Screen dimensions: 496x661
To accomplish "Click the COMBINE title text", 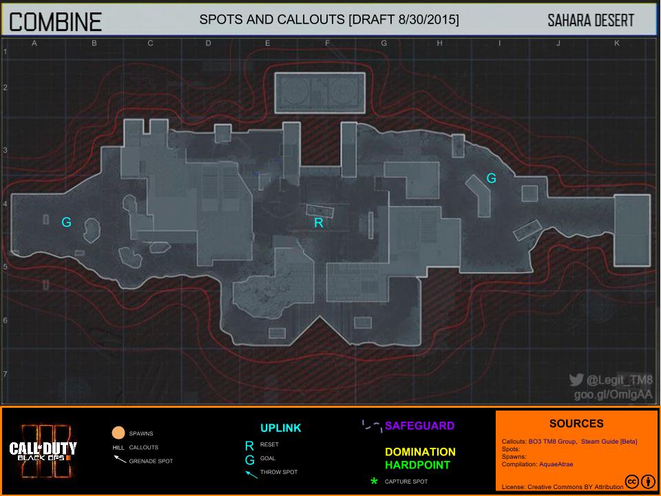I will click(55, 22).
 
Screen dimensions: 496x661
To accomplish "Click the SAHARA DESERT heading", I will click(590, 21).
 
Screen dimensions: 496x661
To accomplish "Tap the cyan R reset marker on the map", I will click(318, 223).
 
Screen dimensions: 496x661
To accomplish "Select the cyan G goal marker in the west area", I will click(66, 222).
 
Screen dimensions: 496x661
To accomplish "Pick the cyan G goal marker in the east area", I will click(491, 178).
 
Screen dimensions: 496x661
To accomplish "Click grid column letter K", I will click(616, 43).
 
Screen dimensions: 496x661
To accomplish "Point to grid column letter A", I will click(34, 43).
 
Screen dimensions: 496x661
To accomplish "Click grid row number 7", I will click(5, 374).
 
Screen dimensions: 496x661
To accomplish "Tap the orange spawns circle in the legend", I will click(118, 433).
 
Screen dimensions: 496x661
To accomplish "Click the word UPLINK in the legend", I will click(280, 428).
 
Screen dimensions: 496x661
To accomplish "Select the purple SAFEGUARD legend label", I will click(419, 426).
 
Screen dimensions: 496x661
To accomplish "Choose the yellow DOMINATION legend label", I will click(420, 452).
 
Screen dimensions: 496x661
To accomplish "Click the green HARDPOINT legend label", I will click(417, 465).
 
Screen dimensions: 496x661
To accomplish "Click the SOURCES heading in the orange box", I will click(576, 424).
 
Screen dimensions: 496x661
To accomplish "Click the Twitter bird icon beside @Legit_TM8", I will click(576, 380).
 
